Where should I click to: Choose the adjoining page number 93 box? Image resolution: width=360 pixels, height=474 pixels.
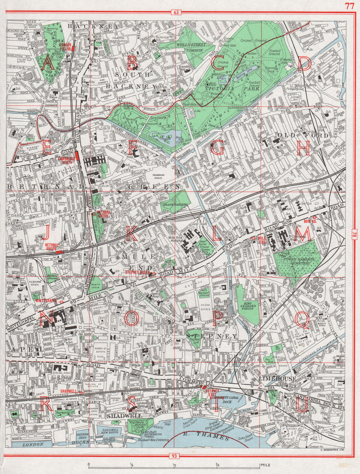point(174,456)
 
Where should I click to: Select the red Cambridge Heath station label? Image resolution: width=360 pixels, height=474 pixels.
point(66,160)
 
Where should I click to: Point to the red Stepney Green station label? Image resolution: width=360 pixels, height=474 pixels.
point(137,273)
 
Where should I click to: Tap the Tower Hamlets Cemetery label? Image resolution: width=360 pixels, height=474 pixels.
point(297,261)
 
